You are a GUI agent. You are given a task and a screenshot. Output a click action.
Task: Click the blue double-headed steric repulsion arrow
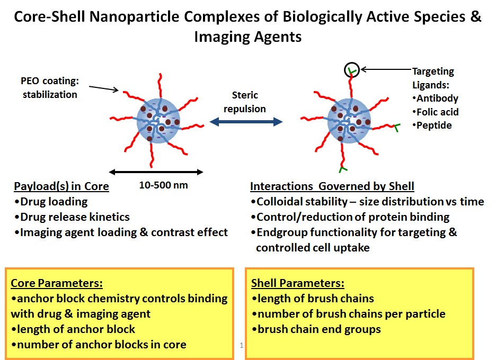[x=246, y=122]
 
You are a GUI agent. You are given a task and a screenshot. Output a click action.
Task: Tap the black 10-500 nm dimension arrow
[x=156, y=172]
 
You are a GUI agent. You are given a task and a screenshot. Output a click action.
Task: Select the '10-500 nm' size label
[x=164, y=185]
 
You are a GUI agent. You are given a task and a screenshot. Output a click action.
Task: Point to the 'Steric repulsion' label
[x=245, y=102]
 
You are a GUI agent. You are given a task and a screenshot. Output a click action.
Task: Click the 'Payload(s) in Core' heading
[x=61, y=186]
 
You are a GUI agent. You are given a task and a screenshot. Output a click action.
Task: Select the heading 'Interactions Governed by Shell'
[x=332, y=186]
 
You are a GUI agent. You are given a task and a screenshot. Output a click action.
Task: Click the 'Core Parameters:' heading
[x=57, y=283]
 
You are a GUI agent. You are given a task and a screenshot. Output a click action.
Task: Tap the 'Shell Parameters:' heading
[x=297, y=283]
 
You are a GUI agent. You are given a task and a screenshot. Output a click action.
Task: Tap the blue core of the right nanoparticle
[x=349, y=121]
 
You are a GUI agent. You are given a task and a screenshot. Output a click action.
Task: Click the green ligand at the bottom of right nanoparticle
[x=342, y=169]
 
